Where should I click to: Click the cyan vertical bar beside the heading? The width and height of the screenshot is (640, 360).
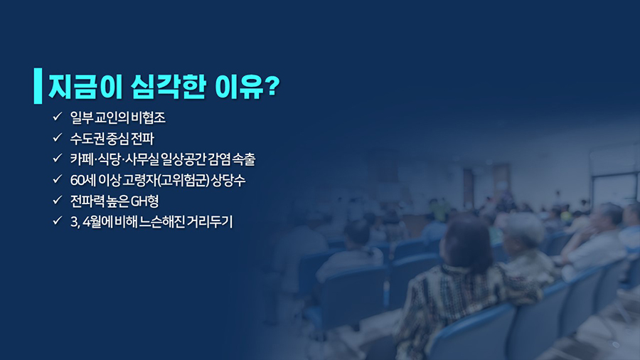[38, 85]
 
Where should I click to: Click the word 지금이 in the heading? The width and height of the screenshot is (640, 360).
[86, 87]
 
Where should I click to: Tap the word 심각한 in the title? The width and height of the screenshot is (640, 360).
[168, 87]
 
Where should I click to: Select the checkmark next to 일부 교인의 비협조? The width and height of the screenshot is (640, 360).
[57, 117]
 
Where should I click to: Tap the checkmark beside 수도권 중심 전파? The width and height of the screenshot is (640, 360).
[57, 137]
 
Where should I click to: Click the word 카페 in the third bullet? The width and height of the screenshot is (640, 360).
[82, 159]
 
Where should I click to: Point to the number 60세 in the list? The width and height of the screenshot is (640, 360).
[83, 180]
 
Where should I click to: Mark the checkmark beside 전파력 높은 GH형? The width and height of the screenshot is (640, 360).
[57, 200]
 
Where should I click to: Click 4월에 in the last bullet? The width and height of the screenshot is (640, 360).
[97, 222]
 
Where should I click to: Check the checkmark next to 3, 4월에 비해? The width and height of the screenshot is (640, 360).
[57, 221]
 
